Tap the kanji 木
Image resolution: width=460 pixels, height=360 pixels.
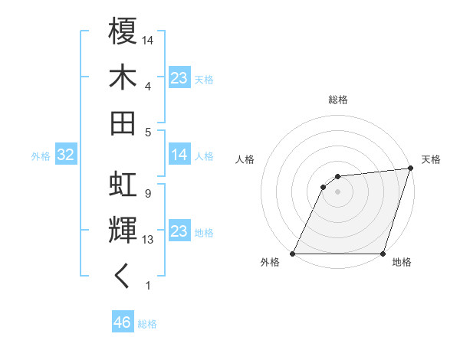pos(123,78)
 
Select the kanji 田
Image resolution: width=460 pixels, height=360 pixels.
pos(123,123)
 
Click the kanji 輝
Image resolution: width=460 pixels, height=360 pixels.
pos(123,231)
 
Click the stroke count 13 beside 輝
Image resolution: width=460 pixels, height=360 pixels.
pos(149,240)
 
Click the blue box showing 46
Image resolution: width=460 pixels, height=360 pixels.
pos(122,322)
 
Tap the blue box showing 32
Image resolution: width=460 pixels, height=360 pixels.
pos(65,155)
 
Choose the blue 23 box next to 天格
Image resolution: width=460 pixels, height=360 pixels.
pos(179,77)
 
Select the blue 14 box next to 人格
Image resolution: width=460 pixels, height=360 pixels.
pos(179,155)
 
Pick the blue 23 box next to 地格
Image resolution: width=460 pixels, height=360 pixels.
pos(179,231)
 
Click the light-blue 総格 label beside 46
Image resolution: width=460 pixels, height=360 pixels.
pos(147,324)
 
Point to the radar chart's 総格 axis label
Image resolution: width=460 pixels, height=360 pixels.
pos(338,100)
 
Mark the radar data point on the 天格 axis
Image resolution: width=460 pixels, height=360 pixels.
pos(410,169)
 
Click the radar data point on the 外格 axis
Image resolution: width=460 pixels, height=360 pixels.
pos(293,254)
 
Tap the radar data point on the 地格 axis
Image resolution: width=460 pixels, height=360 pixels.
pos(383,254)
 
